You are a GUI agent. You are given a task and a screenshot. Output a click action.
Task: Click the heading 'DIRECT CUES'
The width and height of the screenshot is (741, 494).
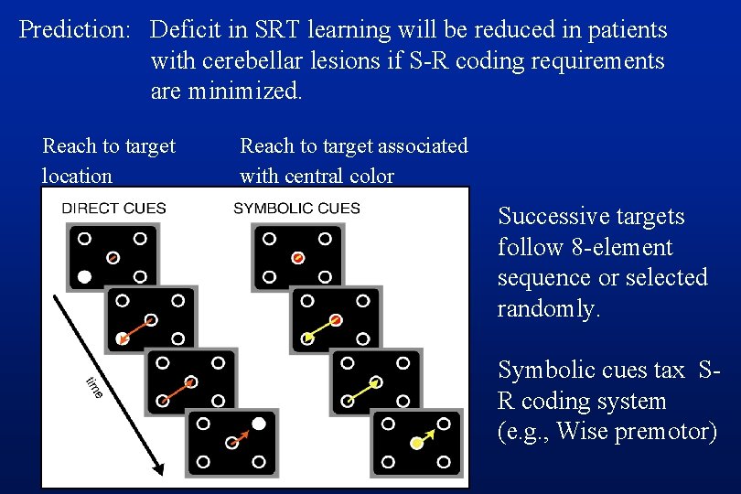[113, 208]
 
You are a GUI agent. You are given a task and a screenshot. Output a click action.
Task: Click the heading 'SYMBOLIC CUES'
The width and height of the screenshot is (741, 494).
[296, 208]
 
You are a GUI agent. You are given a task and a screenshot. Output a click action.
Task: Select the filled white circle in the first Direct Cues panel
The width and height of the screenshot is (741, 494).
[85, 275]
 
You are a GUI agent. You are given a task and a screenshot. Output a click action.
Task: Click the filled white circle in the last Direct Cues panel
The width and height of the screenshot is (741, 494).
[259, 424]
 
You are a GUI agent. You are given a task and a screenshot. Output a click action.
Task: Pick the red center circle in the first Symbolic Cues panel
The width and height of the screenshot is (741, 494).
[297, 258]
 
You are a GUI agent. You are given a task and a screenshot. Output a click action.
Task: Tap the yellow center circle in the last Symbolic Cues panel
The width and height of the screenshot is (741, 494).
[416, 444]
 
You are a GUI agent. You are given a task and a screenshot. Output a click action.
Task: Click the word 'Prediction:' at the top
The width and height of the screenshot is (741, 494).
[76, 30]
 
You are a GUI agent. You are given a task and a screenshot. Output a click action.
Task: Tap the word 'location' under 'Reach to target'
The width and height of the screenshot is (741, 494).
[77, 176]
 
